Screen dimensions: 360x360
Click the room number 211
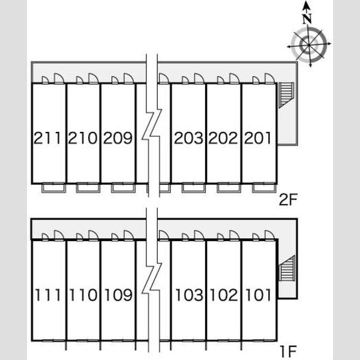(x=47, y=138)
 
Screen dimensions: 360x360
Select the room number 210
(x=83, y=138)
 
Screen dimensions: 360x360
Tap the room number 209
(x=118, y=138)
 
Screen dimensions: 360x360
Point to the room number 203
(x=188, y=138)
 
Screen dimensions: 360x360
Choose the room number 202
(x=223, y=138)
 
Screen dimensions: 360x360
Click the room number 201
(x=257, y=138)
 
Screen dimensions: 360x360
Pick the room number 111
(x=48, y=295)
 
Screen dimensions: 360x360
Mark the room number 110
(x=83, y=295)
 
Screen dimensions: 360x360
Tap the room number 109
(x=118, y=295)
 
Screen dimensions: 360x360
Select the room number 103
(x=189, y=295)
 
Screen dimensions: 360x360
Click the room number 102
(x=224, y=295)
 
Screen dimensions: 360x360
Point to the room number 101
(x=258, y=295)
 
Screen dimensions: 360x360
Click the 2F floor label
(x=288, y=200)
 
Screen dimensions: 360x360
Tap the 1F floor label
(x=289, y=352)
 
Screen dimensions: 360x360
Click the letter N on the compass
(x=307, y=19)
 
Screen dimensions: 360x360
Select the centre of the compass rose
(x=308, y=45)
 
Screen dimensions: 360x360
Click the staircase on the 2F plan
(x=286, y=95)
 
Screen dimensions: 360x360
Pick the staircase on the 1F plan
(x=287, y=268)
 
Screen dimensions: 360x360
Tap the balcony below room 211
(x=53, y=188)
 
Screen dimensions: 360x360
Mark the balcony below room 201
(x=264, y=188)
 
